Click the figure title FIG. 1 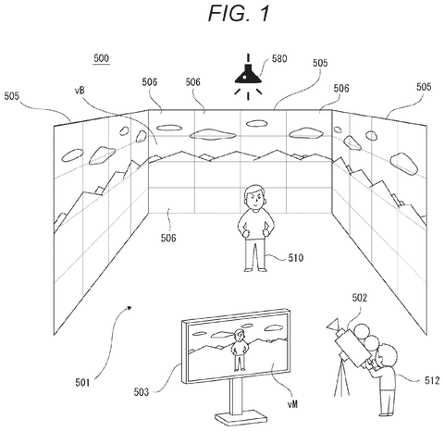[x=239, y=13]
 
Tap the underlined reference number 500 [x=102, y=58]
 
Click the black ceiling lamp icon [x=248, y=77]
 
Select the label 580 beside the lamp [x=279, y=58]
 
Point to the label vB [x=80, y=90]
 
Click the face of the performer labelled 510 [x=255, y=199]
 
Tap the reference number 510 [x=296, y=258]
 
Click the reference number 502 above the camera [x=360, y=298]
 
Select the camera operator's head [x=387, y=355]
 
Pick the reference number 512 [x=432, y=381]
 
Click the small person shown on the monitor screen [x=239, y=350]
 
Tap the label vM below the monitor [x=293, y=404]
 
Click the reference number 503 [x=142, y=392]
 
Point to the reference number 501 [x=83, y=383]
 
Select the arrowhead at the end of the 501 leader [x=129, y=307]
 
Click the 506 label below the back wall [x=168, y=238]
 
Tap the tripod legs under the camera [x=342, y=378]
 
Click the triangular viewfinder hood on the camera [x=334, y=325]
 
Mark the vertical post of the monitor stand [x=235, y=396]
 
